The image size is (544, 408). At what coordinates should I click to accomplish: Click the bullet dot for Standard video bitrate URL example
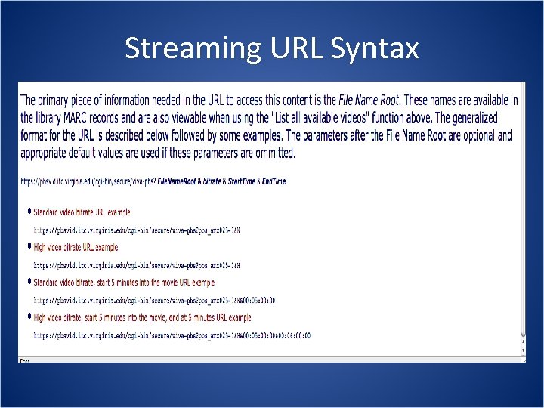click(x=29, y=212)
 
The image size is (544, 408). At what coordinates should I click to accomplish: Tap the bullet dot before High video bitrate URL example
click(x=29, y=246)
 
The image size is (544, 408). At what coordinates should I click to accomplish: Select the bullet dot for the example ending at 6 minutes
click(x=29, y=317)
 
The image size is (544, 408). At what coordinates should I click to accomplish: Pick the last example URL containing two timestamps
click(x=172, y=335)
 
